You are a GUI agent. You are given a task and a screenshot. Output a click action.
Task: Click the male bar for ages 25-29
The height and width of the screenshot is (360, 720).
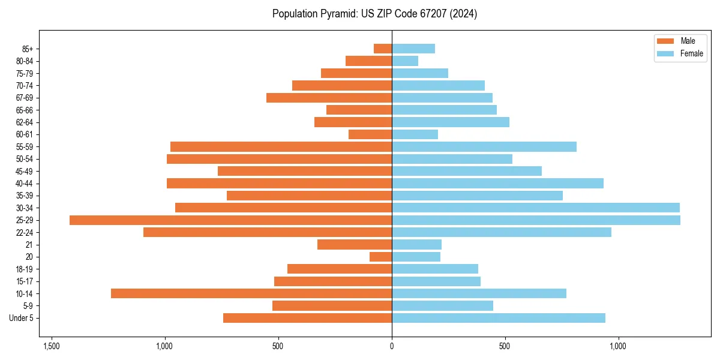(230, 220)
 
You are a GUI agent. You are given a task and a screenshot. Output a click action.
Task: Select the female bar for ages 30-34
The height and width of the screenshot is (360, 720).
(535, 208)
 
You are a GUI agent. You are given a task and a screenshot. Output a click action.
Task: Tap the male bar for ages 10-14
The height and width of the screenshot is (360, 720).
(251, 293)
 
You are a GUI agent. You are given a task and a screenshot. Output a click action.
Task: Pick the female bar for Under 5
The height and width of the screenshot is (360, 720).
(498, 318)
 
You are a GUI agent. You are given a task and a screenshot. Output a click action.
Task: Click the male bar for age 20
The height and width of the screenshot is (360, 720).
(380, 257)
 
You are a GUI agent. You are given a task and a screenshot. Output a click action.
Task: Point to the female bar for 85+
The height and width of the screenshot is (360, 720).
(413, 49)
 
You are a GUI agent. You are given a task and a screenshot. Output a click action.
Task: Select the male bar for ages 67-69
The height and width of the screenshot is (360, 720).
(329, 98)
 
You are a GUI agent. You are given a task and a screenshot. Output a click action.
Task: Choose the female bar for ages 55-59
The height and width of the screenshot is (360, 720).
(484, 147)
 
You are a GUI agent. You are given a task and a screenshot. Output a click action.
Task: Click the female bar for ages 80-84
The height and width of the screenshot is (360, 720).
(405, 61)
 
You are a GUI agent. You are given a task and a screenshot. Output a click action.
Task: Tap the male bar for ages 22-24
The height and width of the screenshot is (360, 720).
(268, 232)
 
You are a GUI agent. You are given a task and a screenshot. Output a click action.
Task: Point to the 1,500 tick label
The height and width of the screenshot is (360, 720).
(52, 346)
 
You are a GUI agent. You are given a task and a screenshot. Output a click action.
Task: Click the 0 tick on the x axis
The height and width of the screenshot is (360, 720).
(392, 346)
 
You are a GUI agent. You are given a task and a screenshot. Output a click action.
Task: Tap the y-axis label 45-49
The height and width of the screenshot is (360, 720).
(25, 171)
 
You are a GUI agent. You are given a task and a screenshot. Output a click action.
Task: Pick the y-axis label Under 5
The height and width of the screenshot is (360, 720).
(21, 318)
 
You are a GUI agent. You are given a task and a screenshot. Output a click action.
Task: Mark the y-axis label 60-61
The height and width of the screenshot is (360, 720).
(25, 134)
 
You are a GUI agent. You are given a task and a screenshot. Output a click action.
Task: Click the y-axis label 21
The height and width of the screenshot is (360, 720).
(29, 245)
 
